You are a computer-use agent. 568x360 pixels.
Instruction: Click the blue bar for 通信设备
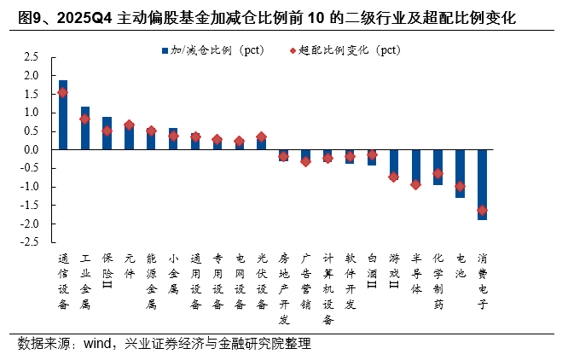point(62,115)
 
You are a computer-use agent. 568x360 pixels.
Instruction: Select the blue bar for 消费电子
point(482,184)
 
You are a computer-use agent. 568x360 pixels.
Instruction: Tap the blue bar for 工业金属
point(84,128)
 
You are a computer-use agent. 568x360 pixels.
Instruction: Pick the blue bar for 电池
point(460,173)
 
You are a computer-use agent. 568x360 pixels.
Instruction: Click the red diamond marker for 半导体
point(415,184)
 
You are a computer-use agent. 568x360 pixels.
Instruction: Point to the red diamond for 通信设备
point(62,92)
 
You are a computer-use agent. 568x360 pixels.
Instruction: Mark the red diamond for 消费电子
point(482,210)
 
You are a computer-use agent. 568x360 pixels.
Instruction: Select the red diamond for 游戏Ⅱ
point(393,177)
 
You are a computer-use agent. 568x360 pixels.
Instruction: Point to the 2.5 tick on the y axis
point(31,57)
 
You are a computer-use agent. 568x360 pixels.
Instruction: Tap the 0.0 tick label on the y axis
point(31,150)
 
